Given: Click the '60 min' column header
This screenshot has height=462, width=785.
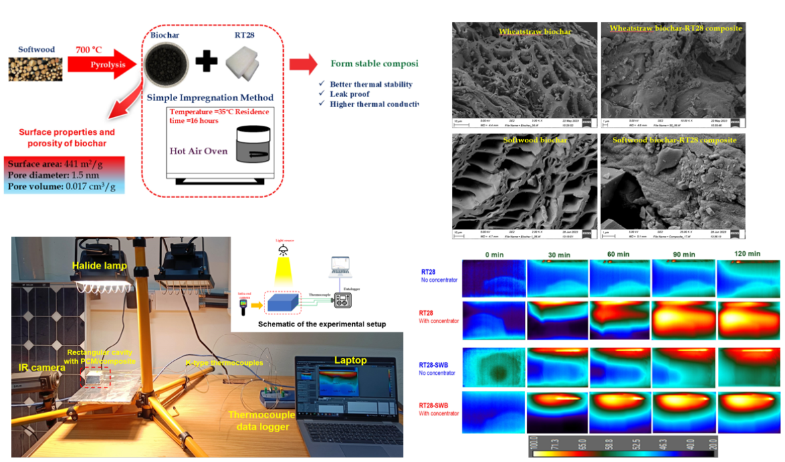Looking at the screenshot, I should click(619, 254).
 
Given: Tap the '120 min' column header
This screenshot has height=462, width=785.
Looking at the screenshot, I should click(746, 254).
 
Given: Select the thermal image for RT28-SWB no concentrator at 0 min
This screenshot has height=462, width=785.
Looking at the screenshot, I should click(495, 367).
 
